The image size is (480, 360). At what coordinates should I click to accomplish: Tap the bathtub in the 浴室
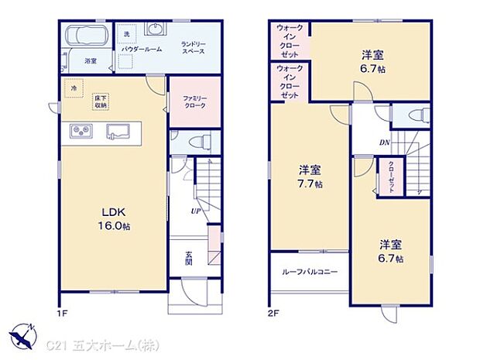click(87, 36)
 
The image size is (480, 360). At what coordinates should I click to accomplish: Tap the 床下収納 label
click(101, 101)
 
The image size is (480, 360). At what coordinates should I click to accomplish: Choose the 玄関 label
click(189, 257)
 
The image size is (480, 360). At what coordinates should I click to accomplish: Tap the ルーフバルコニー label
click(309, 272)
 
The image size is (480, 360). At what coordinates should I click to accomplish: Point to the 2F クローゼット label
click(392, 177)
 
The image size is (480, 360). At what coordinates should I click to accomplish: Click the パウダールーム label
click(141, 49)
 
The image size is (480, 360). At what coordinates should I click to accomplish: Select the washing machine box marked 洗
click(127, 33)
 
